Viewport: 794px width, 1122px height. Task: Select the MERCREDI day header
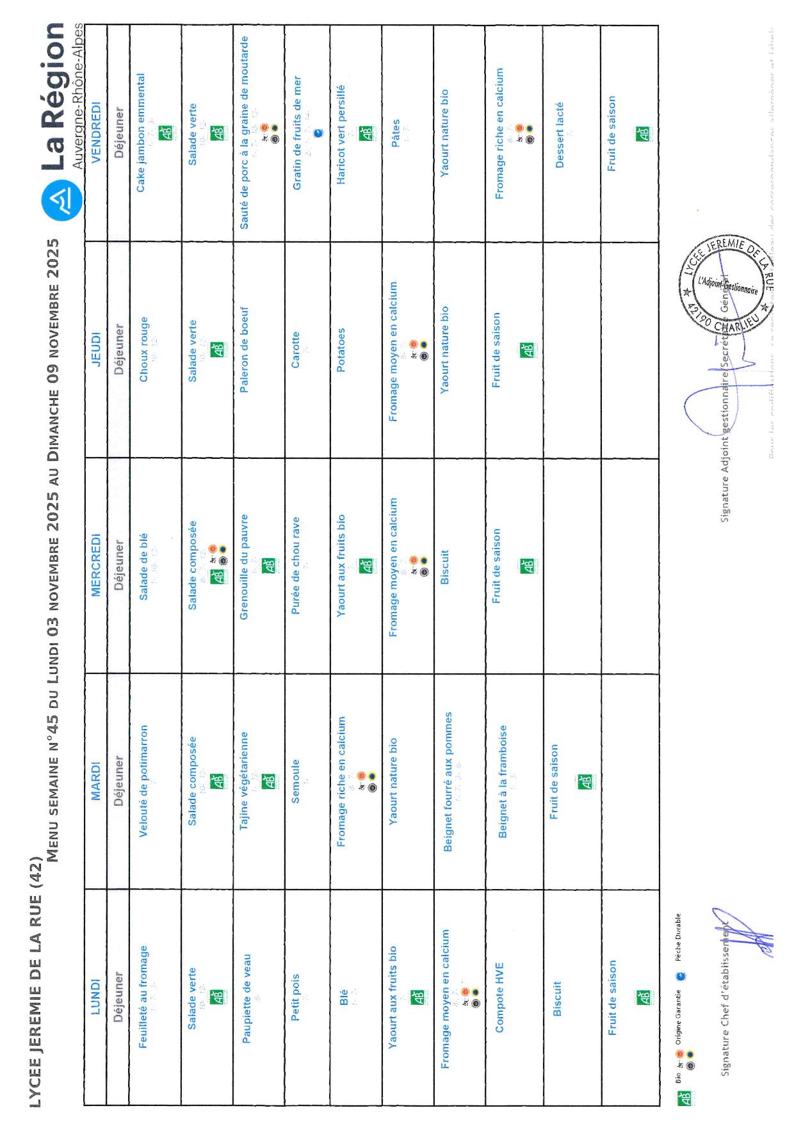pos(95,565)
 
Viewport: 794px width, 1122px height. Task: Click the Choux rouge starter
pos(143,349)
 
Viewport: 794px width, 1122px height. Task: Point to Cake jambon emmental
pos(141,132)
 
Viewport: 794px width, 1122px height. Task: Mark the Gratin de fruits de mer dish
pos(296,133)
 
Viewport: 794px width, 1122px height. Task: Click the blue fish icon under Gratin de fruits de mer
pos(319,133)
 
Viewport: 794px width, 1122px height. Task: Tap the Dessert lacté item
pos(559,134)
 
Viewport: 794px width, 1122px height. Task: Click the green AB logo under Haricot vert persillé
pos(365,134)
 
